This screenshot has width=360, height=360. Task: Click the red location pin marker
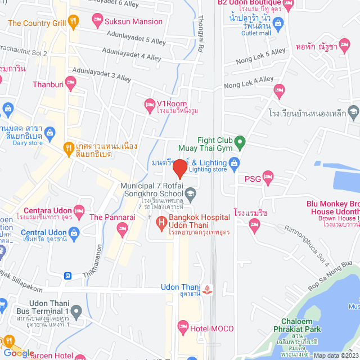pos(179,169)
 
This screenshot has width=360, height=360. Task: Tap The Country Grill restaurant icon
pos(74,23)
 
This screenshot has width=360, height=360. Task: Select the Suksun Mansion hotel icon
pos(97,21)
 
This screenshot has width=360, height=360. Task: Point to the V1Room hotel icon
pos(150,103)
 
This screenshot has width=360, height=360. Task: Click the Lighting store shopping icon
pos(235,163)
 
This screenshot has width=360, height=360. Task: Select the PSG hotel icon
pos(268,179)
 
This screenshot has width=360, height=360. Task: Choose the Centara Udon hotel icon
pos(79,213)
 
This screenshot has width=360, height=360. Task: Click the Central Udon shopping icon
pos(74,233)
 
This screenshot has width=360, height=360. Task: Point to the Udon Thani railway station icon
pos(209,290)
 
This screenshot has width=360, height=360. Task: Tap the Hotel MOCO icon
pos(182,326)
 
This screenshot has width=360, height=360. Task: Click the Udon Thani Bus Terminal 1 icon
pos(76,310)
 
